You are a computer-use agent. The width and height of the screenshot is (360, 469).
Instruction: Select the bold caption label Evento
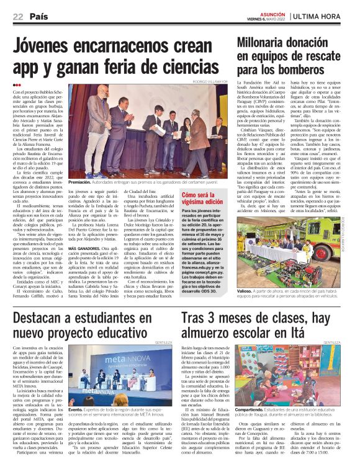[x=76, y=410]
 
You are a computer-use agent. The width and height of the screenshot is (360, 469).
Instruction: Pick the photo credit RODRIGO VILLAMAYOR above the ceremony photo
[x=211, y=81]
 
